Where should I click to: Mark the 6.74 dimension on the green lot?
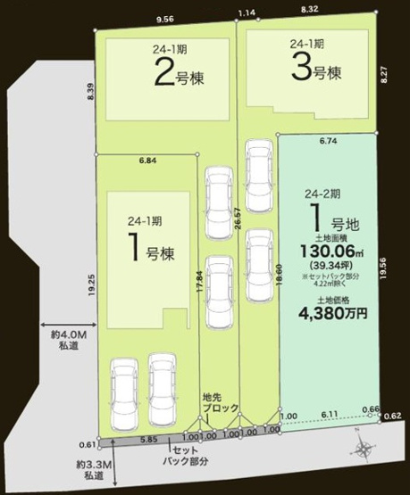point(328,141)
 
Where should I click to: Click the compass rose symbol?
point(362,449)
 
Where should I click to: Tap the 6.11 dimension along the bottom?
point(329,416)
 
